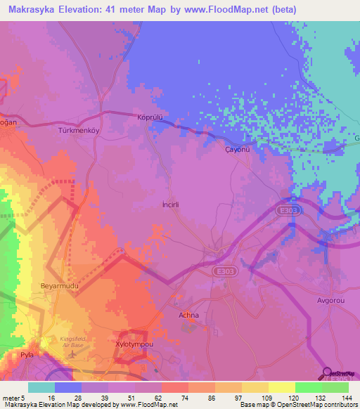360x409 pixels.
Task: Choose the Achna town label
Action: pyautogui.click(x=189, y=316)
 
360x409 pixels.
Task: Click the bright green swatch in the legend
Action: pyautogui.click(x=308, y=387)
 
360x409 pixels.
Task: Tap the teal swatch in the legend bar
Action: pyautogui.click(x=41, y=387)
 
